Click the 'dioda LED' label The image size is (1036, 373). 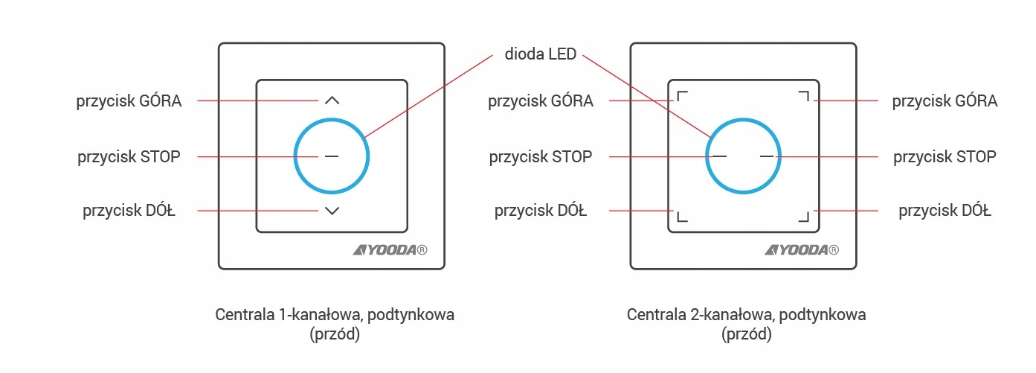(541, 54)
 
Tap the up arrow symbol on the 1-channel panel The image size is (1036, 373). (332, 100)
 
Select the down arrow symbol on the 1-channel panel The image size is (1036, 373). (332, 211)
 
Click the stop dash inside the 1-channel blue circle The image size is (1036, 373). (332, 156)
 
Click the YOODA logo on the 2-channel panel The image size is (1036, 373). (801, 250)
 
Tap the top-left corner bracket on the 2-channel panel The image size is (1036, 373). (681, 97)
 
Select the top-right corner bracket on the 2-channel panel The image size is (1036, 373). (803, 97)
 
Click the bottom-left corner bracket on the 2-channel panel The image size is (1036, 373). (681, 216)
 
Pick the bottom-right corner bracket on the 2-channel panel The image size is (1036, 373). (803, 216)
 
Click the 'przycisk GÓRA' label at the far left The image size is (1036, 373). (129, 101)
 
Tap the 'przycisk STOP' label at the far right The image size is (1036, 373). (945, 156)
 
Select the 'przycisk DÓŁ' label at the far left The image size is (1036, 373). (129, 211)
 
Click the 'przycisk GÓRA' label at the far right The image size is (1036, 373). (945, 101)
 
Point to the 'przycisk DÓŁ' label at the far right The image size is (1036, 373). (945, 211)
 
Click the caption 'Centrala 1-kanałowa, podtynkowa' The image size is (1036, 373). (335, 314)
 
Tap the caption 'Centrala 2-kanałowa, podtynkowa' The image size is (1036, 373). (746, 314)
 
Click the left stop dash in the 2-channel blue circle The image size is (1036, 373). (719, 156)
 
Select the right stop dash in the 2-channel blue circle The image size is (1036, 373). (768, 156)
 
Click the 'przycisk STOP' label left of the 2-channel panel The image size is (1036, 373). (541, 156)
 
